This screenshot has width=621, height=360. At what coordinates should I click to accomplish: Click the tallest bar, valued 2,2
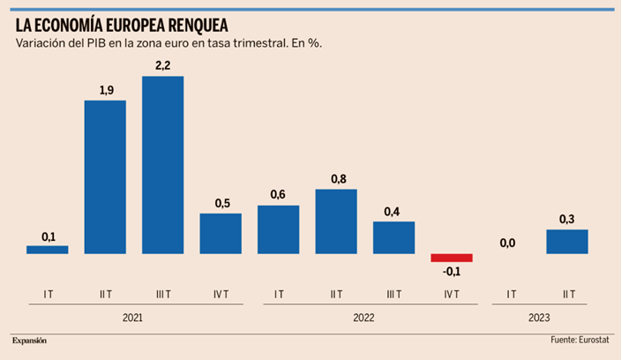(x=162, y=165)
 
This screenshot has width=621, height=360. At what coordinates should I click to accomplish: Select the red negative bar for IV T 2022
(x=451, y=258)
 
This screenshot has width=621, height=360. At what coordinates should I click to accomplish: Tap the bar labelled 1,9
(x=105, y=177)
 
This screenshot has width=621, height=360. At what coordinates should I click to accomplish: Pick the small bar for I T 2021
(x=47, y=250)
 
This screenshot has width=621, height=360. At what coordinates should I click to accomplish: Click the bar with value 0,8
(x=336, y=221)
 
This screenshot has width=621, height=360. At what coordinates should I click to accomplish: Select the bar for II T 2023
(x=566, y=242)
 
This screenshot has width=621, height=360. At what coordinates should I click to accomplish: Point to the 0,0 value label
(x=508, y=244)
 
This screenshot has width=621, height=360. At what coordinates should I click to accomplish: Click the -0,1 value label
(x=451, y=271)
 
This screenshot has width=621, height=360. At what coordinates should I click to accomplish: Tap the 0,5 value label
(x=221, y=204)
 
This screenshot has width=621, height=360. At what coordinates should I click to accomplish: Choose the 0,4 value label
(x=393, y=212)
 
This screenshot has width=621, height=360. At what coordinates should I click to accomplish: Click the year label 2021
(x=134, y=315)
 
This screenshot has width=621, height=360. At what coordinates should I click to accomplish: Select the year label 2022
(x=364, y=315)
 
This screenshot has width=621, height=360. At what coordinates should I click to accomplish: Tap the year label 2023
(x=537, y=315)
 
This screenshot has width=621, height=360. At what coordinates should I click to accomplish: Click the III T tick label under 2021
(x=162, y=294)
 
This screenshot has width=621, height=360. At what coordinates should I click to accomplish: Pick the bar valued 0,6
(x=278, y=229)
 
